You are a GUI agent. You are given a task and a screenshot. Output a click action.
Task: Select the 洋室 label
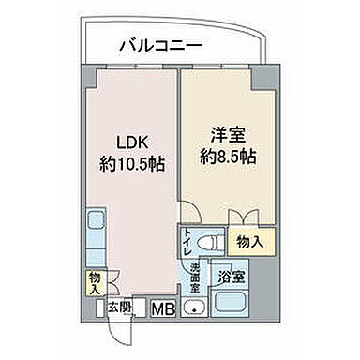[x=222, y=135]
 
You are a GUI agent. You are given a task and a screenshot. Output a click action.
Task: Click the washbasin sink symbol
[x=195, y=307]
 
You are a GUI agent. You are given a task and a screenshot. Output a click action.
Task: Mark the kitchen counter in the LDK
[x=95, y=238]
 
